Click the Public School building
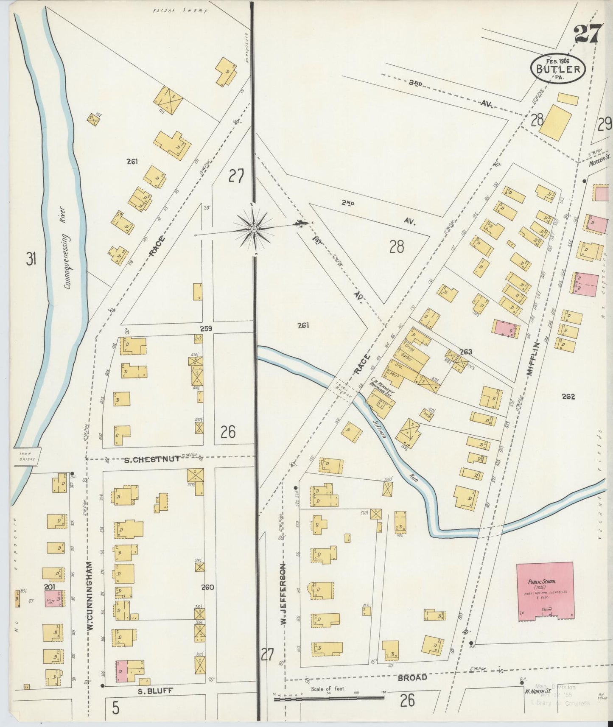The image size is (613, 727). [x=545, y=590]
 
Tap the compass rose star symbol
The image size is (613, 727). [x=254, y=229]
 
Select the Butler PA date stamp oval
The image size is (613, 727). [x=558, y=68]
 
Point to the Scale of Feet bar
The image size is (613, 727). [x=329, y=698]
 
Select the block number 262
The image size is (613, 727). [x=568, y=397]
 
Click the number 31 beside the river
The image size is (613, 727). [x=31, y=259]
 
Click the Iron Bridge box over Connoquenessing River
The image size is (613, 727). [x=28, y=456]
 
